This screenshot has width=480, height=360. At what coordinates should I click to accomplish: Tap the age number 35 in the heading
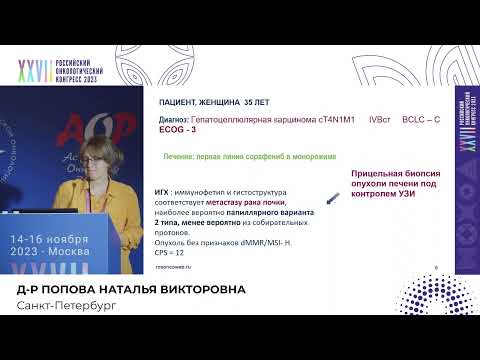247,103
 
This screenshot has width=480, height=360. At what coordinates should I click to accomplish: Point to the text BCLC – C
420,119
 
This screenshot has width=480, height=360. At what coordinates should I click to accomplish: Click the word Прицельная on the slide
377,173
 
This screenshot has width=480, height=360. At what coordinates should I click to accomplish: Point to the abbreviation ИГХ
162,190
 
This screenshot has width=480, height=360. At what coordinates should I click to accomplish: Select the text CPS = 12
171,254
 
